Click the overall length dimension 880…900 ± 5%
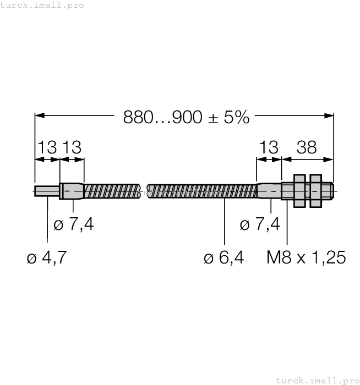pyautogui.click(x=186, y=117)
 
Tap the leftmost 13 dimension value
pyautogui.click(x=47, y=147)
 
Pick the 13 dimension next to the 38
pyautogui.click(x=269, y=147)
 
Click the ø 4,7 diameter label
pyautogui.click(x=47, y=257)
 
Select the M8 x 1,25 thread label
pyautogui.click(x=306, y=257)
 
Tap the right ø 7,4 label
pyautogui.click(x=260, y=224)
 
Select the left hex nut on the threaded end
pyautogui.click(x=299, y=191)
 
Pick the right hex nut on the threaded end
pyautogui.click(x=315, y=191)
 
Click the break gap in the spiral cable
pyautogui.click(x=145, y=191)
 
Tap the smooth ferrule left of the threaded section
pyautogui.click(x=269, y=191)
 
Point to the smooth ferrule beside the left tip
pyautogui.click(x=72, y=191)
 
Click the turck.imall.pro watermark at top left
pyautogui.click(x=42, y=5)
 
